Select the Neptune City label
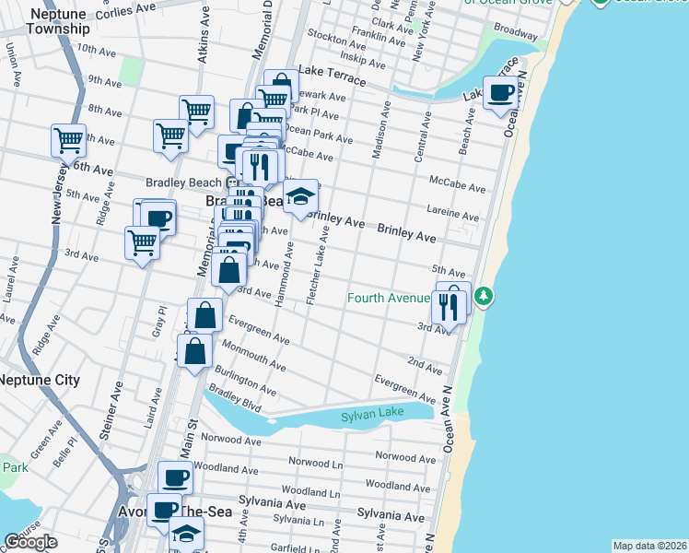39,380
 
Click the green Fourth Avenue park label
389,298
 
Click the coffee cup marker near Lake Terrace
501,94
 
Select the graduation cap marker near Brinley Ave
300,196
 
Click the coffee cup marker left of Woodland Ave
175,477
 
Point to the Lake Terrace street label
331,80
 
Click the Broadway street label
516,32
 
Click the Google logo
30,542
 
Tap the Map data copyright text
648,546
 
